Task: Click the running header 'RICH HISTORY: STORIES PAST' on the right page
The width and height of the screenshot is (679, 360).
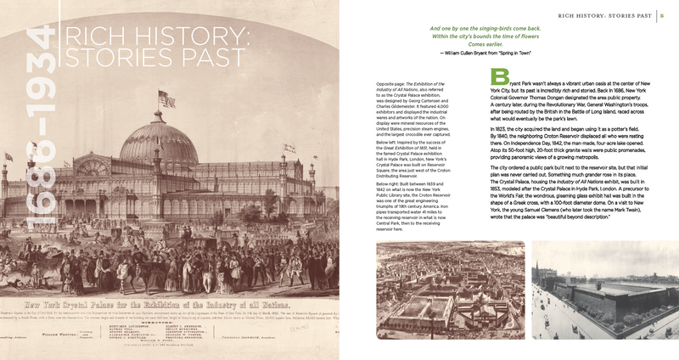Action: [602, 14]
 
